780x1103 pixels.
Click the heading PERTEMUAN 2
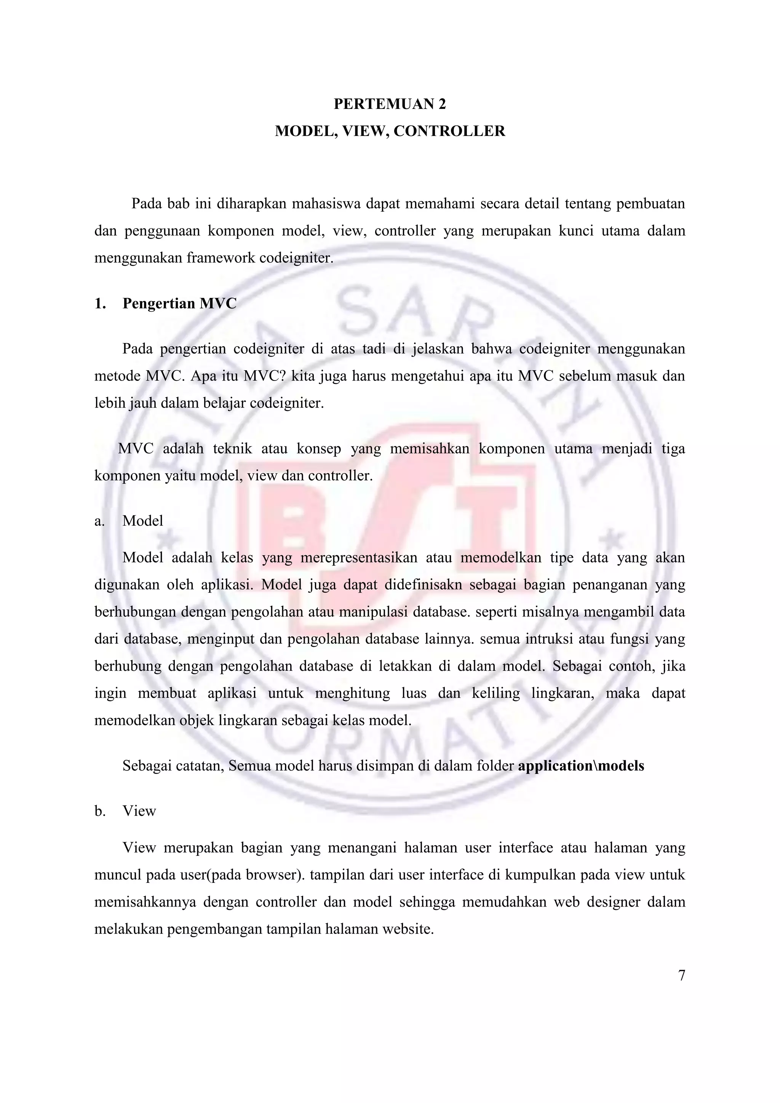point(390,104)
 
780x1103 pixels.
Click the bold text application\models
point(581,766)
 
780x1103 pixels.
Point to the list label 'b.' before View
point(100,811)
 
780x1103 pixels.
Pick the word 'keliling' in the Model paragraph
point(495,694)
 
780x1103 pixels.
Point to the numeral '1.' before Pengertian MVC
point(100,304)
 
